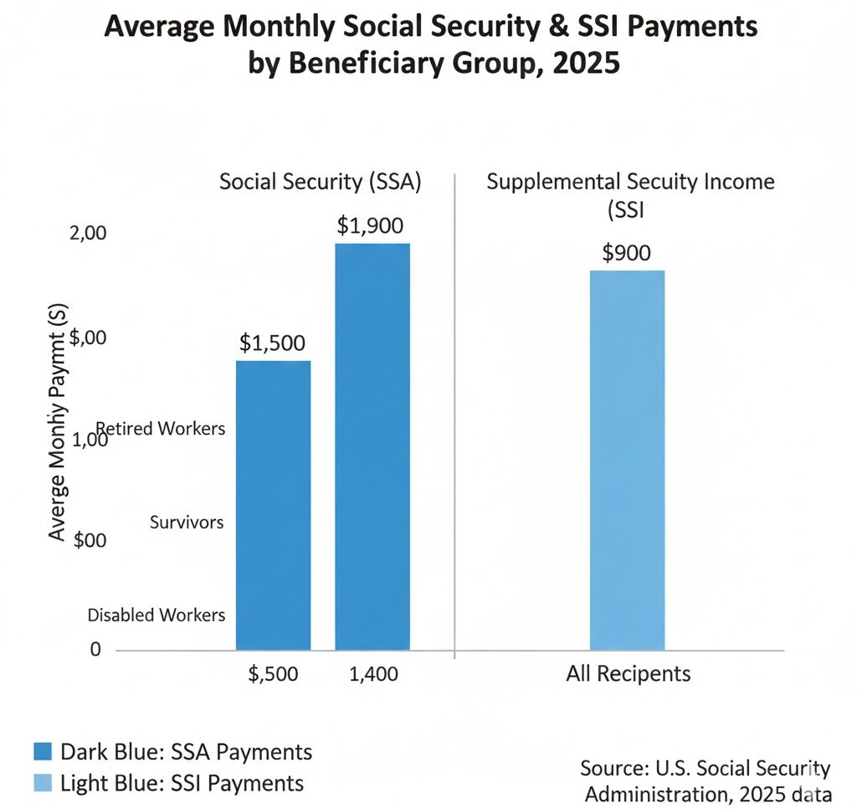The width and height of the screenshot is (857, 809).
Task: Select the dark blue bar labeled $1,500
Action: tap(273, 505)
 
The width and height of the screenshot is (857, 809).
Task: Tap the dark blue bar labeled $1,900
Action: tap(372, 446)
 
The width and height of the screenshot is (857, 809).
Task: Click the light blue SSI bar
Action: tap(627, 460)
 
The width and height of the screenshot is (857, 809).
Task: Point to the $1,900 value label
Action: tap(370, 225)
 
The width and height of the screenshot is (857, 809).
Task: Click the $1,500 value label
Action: tap(273, 343)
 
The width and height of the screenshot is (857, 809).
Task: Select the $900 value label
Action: tap(626, 253)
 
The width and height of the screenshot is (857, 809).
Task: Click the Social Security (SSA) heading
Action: tap(318, 182)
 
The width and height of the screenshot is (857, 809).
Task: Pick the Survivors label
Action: tap(187, 522)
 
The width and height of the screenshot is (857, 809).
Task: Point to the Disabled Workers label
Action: tap(157, 615)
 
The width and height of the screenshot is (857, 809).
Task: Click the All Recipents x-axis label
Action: tap(628, 673)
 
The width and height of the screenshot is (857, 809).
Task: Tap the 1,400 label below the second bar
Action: tap(372, 673)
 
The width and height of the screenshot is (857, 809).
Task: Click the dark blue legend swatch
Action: tap(44, 751)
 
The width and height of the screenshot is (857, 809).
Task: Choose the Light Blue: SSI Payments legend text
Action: tap(182, 783)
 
